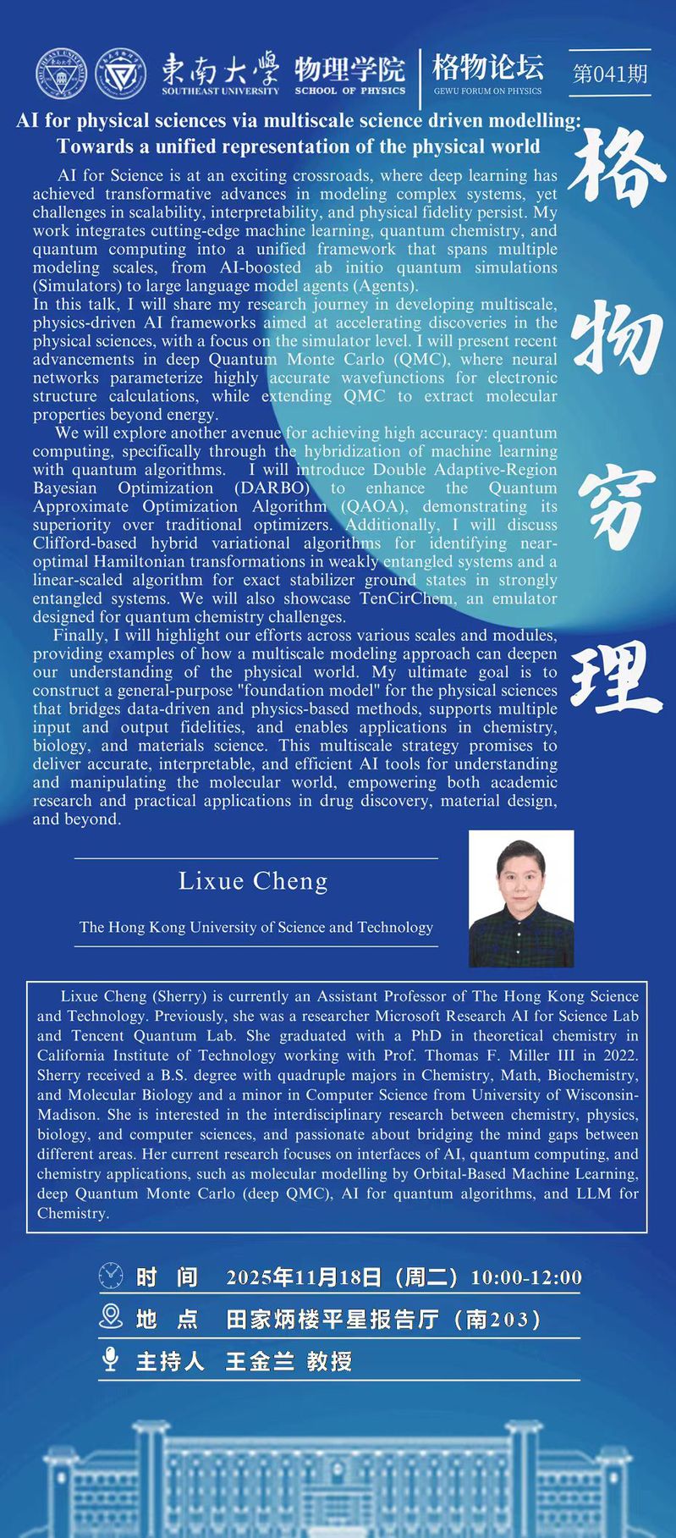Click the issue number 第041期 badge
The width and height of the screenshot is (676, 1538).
609,74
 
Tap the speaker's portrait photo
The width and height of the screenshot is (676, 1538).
521,898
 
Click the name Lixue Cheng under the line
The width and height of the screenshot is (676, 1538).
253,881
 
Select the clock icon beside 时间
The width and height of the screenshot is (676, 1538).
111,1276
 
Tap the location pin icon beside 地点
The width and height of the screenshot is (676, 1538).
111,1317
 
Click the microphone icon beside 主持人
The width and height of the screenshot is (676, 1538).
110,1359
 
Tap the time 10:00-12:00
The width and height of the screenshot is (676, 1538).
526,1276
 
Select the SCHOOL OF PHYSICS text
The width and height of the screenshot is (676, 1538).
349,91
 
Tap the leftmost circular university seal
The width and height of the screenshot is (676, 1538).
61,74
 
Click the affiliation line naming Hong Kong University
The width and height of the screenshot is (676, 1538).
256,927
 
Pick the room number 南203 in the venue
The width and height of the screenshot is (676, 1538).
503,1319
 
